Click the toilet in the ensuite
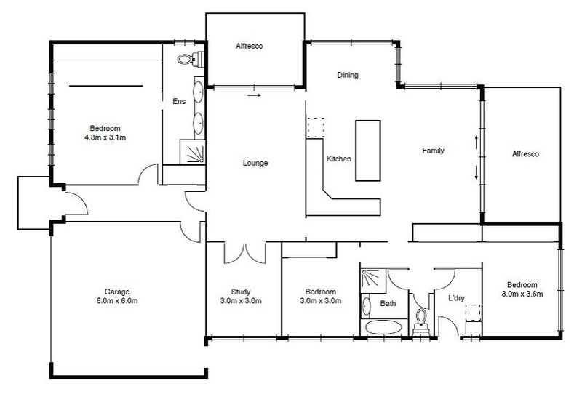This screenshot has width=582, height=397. click(191, 59)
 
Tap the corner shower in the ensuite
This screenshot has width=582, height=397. click(192, 152)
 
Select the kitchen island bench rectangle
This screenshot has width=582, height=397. click(368, 151)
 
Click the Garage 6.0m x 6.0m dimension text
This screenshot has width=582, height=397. click(117, 301)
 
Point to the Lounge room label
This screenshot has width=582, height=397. click(255, 163)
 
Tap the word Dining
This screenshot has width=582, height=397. click(348, 75)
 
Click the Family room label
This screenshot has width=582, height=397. click(433, 151)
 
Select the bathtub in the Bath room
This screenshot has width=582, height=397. click(383, 328)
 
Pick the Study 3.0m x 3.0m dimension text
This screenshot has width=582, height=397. click(241, 301)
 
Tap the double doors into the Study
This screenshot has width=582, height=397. click(245, 254)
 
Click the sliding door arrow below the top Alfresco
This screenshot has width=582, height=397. click(255, 95)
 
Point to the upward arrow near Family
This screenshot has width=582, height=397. click(477, 142)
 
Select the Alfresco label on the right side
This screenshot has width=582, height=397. click(525, 154)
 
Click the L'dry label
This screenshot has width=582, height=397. click(457, 298)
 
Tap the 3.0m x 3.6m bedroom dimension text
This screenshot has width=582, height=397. click(522, 294)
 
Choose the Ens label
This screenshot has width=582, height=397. click(179, 101)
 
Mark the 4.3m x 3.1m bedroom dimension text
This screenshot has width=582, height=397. click(105, 137)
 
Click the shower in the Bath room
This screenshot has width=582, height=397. click(373, 278)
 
